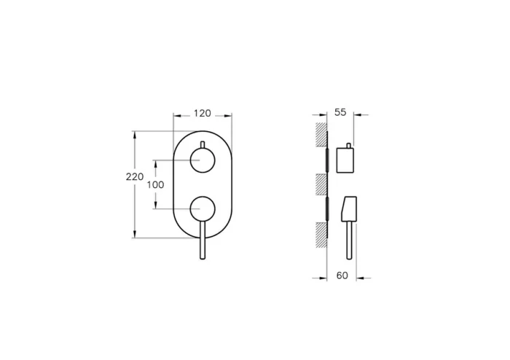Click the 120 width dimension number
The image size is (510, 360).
pos(203,113)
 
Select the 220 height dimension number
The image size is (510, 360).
pos(134,177)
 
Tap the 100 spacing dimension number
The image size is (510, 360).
pos(155,184)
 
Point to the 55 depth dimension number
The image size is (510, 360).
pos(340,113)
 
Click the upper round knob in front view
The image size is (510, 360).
pos(202,159)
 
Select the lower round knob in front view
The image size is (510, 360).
pos(202,209)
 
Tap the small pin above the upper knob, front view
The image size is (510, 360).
pos(202,142)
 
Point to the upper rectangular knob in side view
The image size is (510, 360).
pos(345,159)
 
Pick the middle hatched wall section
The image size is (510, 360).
pos(320,185)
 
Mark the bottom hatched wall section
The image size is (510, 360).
pos(320,235)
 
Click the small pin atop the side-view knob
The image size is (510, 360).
pos(350,144)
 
